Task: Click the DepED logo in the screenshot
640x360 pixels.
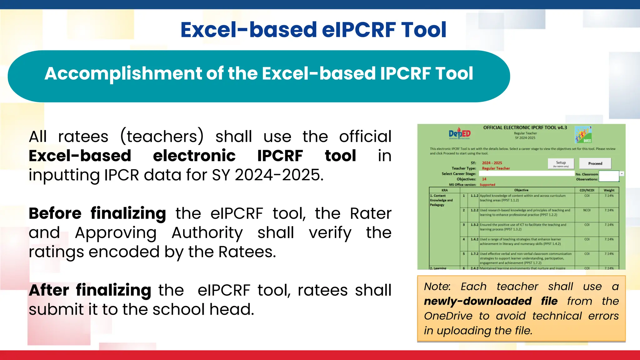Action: (x=460, y=134)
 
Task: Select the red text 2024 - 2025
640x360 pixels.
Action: (x=492, y=163)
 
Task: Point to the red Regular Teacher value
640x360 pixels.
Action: (x=496, y=168)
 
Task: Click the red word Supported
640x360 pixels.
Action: (x=487, y=185)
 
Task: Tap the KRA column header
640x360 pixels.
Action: (x=444, y=190)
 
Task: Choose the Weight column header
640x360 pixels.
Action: (x=609, y=190)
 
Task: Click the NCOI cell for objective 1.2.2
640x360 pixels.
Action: (x=587, y=210)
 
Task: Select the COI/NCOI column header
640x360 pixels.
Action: (x=587, y=190)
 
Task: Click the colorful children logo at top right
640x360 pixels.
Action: (x=583, y=135)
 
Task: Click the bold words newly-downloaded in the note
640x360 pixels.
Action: (x=477, y=301)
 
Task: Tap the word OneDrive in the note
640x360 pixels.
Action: (x=448, y=316)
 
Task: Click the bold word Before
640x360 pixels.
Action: (x=55, y=214)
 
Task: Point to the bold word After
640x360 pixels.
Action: (x=49, y=290)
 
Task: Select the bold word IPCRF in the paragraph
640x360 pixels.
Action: (x=280, y=156)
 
